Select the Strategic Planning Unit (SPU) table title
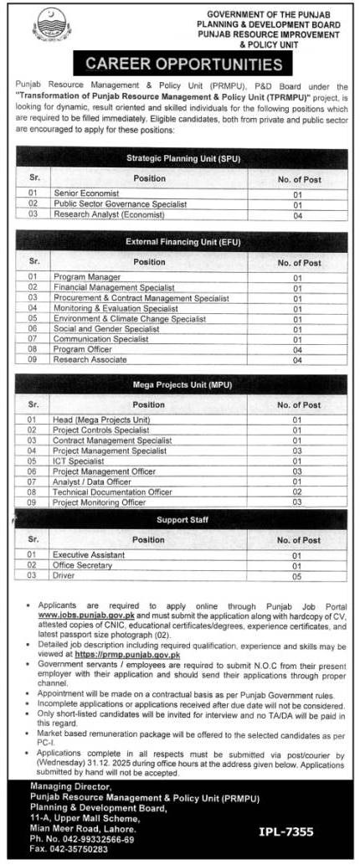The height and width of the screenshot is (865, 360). tap(180, 157)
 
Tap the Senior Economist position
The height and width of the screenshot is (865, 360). tap(85, 193)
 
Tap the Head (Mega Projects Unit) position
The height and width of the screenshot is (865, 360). tap(100, 420)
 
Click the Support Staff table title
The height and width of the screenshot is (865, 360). tap(180, 520)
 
